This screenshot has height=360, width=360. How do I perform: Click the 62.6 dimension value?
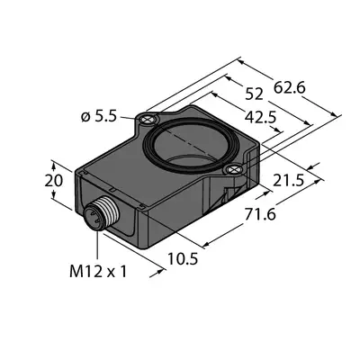pyautogui.click(x=290, y=88)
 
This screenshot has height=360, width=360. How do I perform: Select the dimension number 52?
pyautogui.click(x=254, y=94)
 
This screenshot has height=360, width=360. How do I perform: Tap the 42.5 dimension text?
pyautogui.click(x=260, y=117)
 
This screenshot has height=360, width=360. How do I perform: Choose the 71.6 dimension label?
pyautogui.click(x=260, y=214)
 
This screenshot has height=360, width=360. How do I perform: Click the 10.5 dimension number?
pyautogui.click(x=183, y=258)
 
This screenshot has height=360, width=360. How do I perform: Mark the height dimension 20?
pyautogui.click(x=54, y=181)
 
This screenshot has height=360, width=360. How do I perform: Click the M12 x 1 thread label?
pyautogui.click(x=98, y=272)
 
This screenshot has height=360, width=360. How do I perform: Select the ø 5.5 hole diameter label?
pyautogui.click(x=98, y=117)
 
